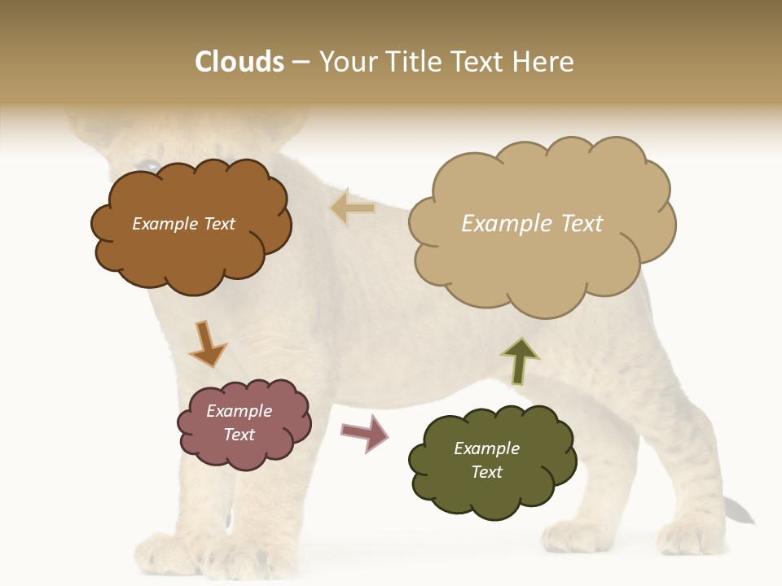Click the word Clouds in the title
tap(239, 62)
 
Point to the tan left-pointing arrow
tap(352, 208)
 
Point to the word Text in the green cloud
tap(486, 472)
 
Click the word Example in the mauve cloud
tap(239, 411)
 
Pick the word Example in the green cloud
tap(486, 448)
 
